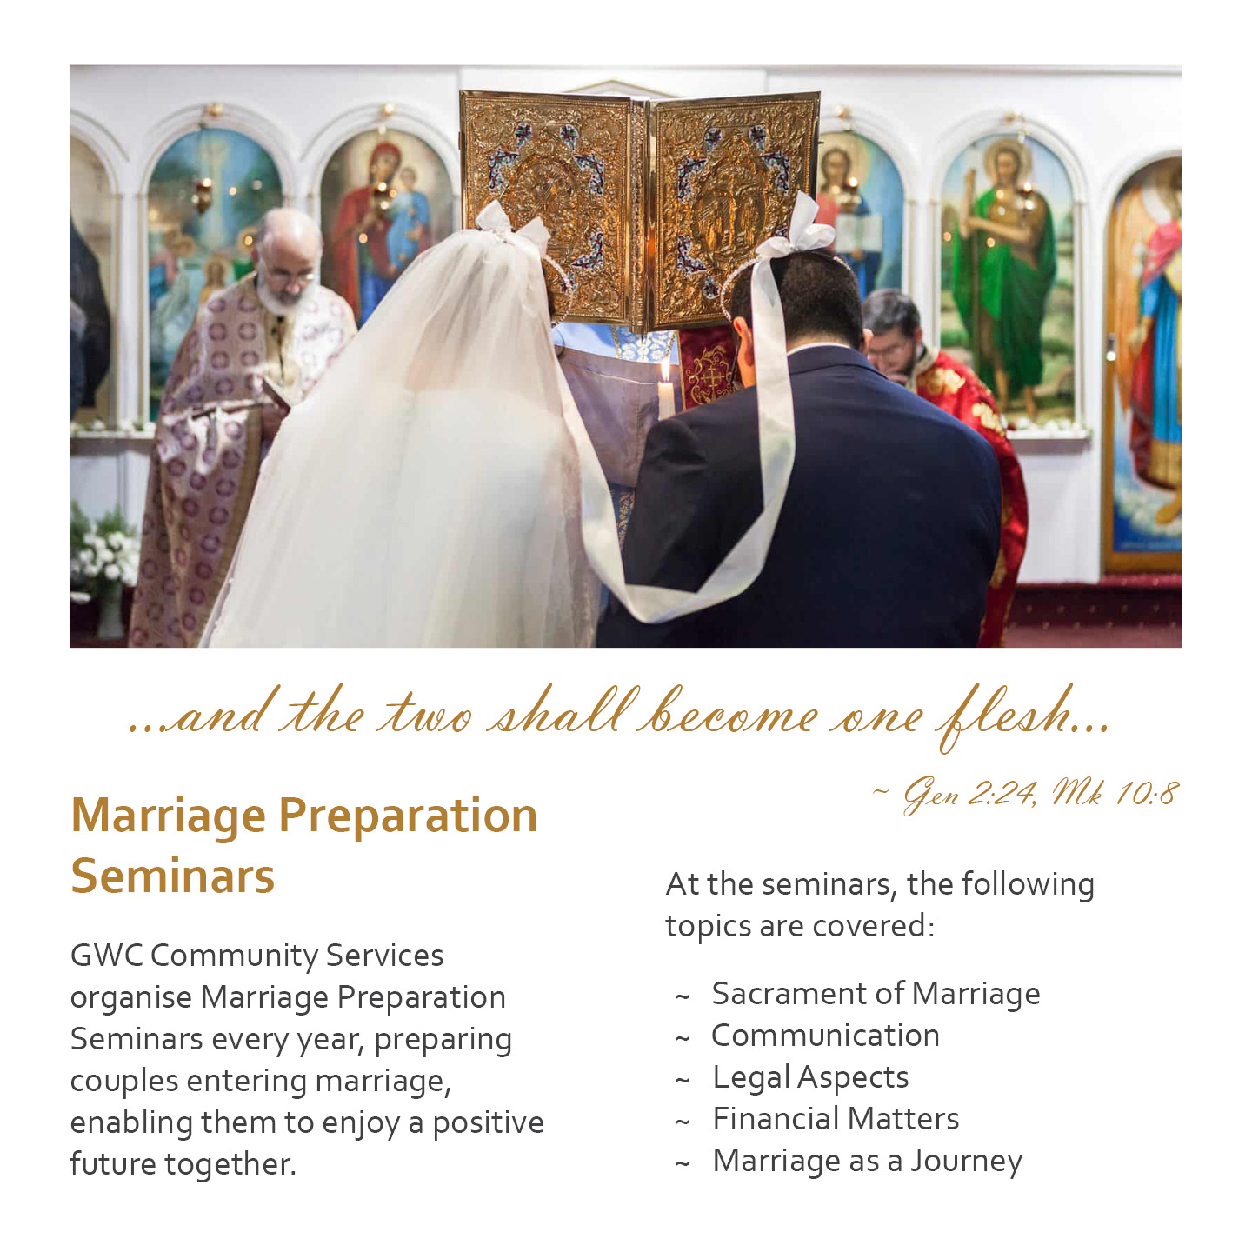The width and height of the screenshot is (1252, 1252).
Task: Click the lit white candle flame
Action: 664,370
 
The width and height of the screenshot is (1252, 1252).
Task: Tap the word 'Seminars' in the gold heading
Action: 173,876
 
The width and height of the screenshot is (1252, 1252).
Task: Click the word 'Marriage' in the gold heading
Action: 169,816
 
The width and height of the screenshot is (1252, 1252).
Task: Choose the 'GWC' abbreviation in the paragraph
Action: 107,956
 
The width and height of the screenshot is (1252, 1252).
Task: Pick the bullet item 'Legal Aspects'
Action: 810,1078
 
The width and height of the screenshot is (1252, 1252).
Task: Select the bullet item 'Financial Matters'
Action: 836,1120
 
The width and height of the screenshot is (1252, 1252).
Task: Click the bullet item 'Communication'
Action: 825,1036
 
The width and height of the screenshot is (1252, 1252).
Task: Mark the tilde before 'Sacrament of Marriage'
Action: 683,997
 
